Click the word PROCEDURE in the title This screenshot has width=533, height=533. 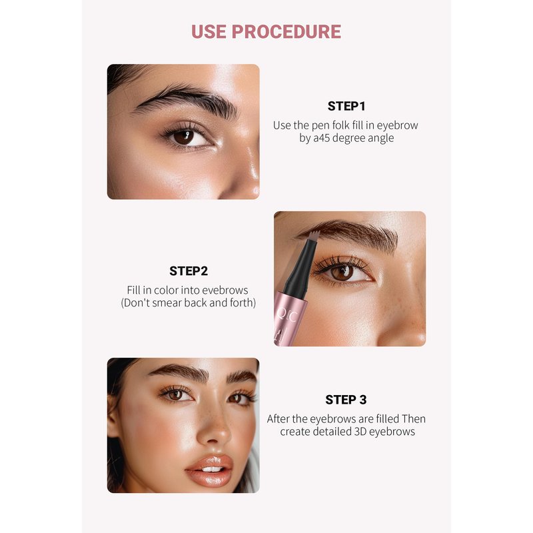tap(286, 31)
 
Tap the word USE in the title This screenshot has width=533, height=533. tap(209, 31)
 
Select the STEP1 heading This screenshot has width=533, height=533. tap(346, 107)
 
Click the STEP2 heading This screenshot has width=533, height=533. tap(189, 271)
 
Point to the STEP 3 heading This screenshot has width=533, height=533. tap(346, 400)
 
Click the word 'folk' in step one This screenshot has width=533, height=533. tap(340, 125)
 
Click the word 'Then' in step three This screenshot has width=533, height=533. tap(413, 419)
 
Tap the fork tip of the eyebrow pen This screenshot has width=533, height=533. tap(314, 235)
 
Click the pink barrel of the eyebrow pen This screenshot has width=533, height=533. tap(288, 318)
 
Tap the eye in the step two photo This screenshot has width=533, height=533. tap(342, 272)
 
